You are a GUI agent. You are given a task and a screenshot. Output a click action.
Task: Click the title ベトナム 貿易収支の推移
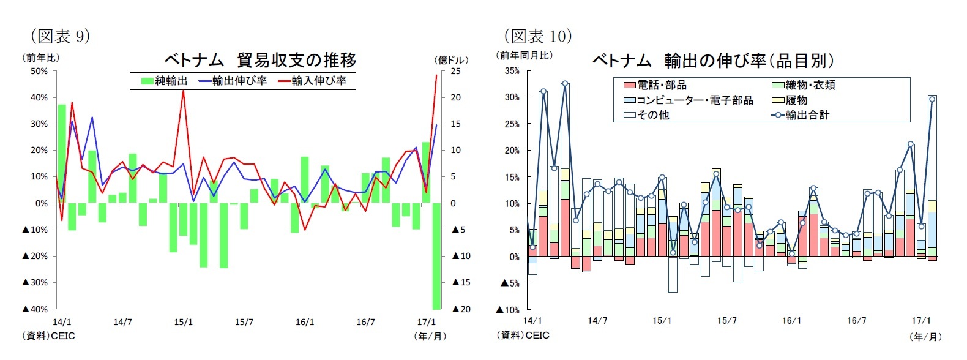click(260, 60)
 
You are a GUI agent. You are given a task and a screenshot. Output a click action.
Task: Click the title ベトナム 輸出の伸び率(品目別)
click(713, 61)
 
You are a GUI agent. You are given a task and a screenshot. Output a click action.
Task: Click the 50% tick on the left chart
click(39, 71)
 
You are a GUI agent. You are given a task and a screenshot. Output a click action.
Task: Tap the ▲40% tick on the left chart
click(35, 309)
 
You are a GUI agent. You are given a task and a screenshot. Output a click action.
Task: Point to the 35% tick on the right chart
click(512, 71)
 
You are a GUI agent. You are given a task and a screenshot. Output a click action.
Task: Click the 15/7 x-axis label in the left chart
click(244, 322)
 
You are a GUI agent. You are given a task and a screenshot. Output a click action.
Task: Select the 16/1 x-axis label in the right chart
click(791, 321)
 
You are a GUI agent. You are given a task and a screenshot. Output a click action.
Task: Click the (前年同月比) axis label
click(524, 55)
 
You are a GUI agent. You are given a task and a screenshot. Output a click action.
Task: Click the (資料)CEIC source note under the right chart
click(523, 336)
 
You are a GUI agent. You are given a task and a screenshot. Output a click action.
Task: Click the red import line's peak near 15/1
click(184, 90)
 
